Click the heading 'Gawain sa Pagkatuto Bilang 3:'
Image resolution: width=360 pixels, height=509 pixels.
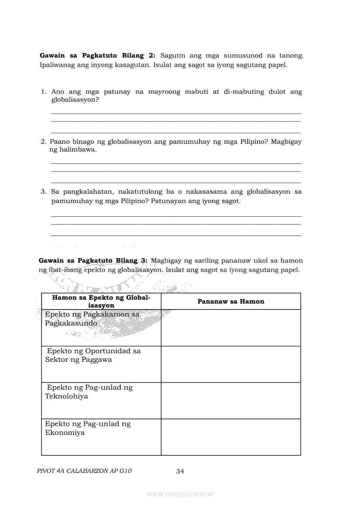(93, 260)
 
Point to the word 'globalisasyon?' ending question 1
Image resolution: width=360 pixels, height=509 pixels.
(75, 100)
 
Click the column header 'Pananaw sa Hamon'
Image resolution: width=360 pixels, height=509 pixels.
(231, 301)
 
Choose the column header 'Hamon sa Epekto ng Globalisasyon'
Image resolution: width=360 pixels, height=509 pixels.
(101, 301)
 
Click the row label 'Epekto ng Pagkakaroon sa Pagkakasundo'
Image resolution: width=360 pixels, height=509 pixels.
(92, 319)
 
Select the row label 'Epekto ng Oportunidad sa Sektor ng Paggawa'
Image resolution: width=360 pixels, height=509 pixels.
(93, 355)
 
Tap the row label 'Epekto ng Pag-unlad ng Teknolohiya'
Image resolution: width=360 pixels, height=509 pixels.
(89, 392)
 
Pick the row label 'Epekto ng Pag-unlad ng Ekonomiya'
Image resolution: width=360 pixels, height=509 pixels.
(88, 428)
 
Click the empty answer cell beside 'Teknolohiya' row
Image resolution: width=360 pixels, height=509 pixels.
(231, 401)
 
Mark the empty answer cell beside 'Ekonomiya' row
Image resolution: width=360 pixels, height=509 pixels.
(231, 437)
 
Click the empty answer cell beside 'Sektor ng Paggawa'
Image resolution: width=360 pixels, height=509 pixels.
(231, 364)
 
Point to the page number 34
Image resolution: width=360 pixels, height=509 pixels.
(180, 471)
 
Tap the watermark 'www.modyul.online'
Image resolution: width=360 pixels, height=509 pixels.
(180, 494)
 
